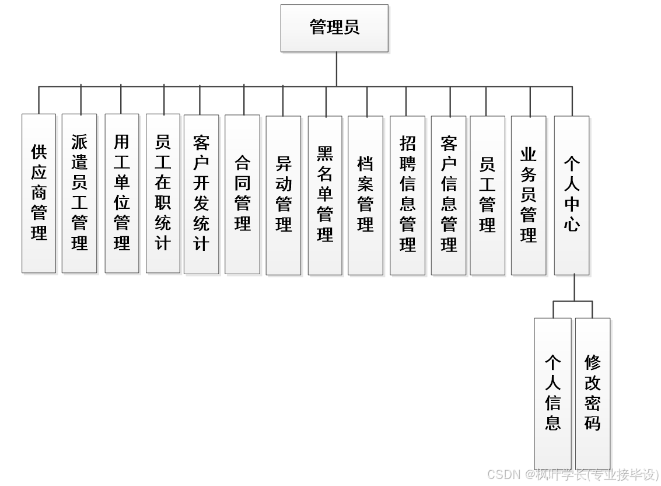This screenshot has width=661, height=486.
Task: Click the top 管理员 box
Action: [x=334, y=28]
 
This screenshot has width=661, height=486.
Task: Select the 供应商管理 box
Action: [x=39, y=193]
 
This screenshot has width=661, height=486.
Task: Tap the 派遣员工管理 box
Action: [x=79, y=193]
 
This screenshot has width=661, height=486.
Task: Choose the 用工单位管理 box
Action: [x=121, y=193]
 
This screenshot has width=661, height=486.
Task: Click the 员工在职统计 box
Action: [x=163, y=193]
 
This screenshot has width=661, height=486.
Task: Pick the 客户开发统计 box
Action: [x=201, y=194]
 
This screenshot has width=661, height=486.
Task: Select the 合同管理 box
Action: [x=242, y=194]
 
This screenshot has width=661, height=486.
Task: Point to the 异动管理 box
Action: [x=284, y=195]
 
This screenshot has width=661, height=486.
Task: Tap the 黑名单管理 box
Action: [x=325, y=195]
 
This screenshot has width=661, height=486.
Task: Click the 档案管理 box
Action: [x=365, y=195]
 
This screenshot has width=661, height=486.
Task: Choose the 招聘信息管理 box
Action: [x=407, y=195]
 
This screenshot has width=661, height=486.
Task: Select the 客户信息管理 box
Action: [x=449, y=195]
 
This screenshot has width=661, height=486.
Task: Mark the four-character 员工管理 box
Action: [x=487, y=195]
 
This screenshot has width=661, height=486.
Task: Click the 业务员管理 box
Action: [x=529, y=195]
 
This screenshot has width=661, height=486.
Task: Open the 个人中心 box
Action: [x=571, y=195]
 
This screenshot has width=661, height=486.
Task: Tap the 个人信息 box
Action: [x=552, y=393]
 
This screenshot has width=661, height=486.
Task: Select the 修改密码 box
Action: [x=593, y=393]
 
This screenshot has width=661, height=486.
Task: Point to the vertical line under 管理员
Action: [x=337, y=69]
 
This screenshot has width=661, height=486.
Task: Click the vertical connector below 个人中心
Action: [x=574, y=288]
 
